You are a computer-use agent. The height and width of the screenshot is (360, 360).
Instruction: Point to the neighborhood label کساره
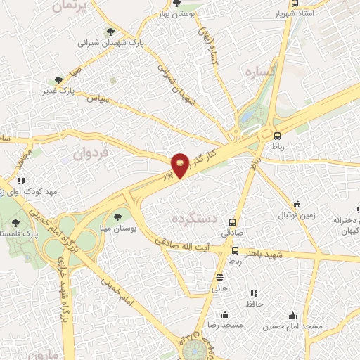click(x=258, y=72)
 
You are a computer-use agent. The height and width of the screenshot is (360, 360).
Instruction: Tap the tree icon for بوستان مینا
click(x=117, y=217)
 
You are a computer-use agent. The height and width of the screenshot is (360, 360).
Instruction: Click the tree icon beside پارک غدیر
click(x=58, y=80)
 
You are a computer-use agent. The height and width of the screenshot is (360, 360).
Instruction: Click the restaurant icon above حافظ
click(x=253, y=292)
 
